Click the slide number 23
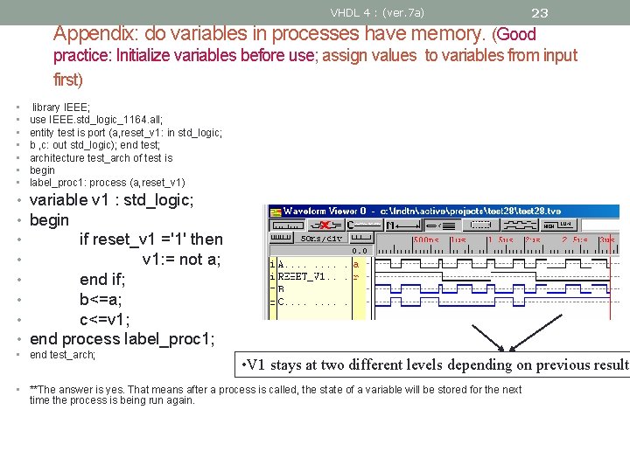540,12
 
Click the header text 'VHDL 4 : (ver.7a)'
377,12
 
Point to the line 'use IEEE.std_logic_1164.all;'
96,120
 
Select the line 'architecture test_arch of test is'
101,158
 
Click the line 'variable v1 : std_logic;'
112,200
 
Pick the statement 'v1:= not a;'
182,259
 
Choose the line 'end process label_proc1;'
122,339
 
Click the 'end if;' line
102,279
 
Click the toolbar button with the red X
324,225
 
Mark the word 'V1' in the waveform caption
257,365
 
